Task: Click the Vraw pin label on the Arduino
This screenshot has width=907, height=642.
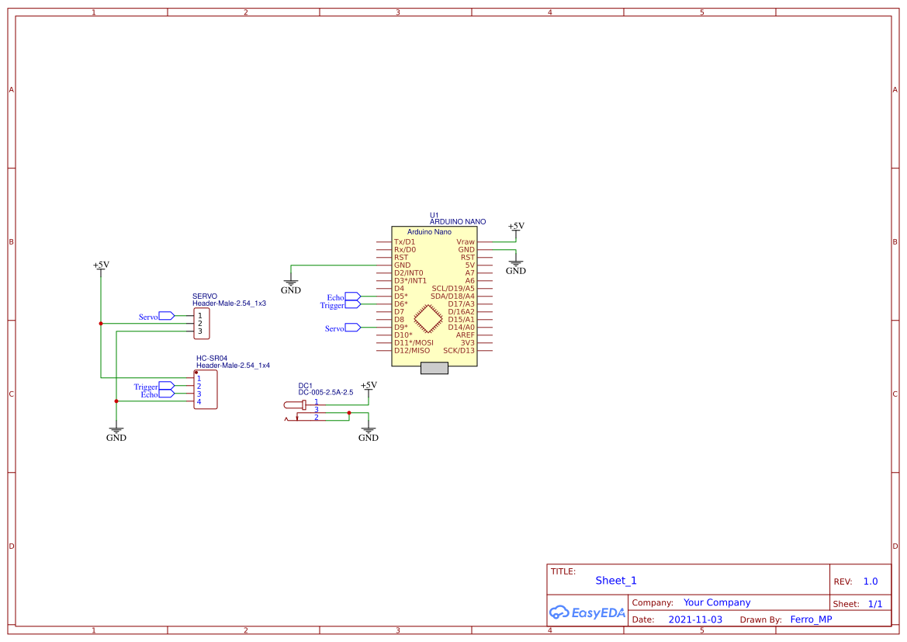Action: (x=465, y=242)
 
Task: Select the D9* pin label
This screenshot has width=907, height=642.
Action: (x=401, y=328)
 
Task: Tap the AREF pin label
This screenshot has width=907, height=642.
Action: (x=465, y=335)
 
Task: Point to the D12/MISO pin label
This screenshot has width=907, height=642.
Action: (x=411, y=351)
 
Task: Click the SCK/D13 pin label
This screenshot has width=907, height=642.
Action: (x=459, y=351)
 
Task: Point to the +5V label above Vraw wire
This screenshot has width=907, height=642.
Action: (x=516, y=226)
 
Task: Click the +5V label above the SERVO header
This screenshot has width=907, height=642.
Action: (x=101, y=265)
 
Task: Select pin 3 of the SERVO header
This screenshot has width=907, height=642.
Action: (x=199, y=331)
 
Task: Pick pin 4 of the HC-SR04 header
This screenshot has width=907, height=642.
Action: (x=199, y=401)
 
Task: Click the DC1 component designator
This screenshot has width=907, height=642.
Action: (x=305, y=386)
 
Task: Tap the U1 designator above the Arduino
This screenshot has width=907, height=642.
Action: (x=434, y=215)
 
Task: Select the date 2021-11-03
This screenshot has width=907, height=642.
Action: (x=695, y=619)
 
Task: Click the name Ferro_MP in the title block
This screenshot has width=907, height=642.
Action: (x=811, y=619)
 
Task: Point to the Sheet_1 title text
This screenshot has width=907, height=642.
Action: (x=616, y=581)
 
